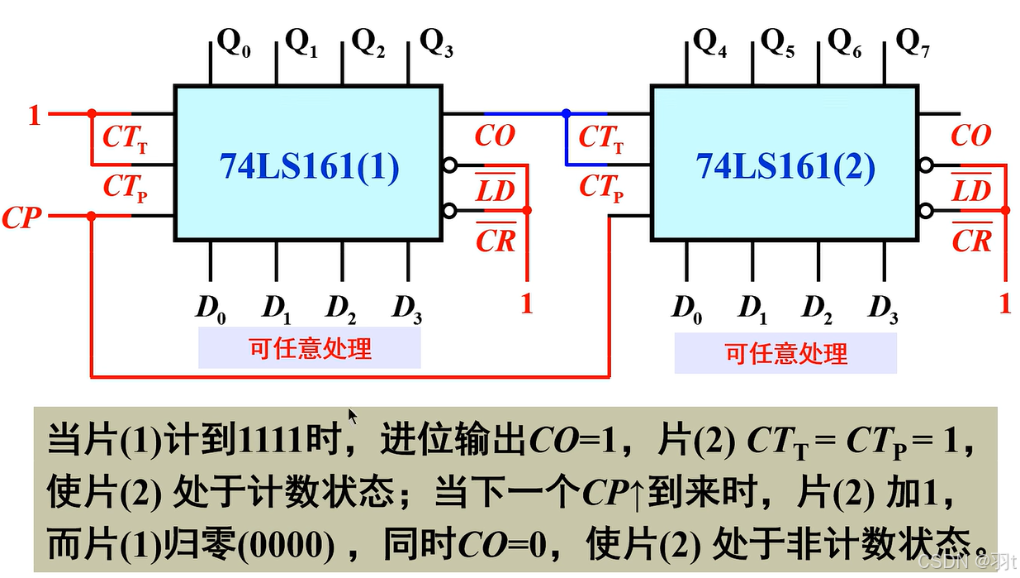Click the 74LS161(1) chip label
pos(309,167)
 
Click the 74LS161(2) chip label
pos(785,167)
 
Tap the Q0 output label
pos(234,42)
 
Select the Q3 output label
pos(436,42)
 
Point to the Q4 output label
pos(710,42)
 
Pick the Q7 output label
pos(913,42)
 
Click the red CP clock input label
pos(22,218)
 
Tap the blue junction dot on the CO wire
pos(566,113)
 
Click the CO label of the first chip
pos(494,136)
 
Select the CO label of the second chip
pos(970,136)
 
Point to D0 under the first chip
pos(210,308)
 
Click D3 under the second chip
pos(883,308)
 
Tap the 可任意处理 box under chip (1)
pos(310,348)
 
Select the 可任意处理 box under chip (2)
pos(785,354)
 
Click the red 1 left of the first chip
pos(34,115)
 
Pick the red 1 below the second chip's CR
pos(1004,303)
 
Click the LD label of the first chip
pos(496,190)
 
